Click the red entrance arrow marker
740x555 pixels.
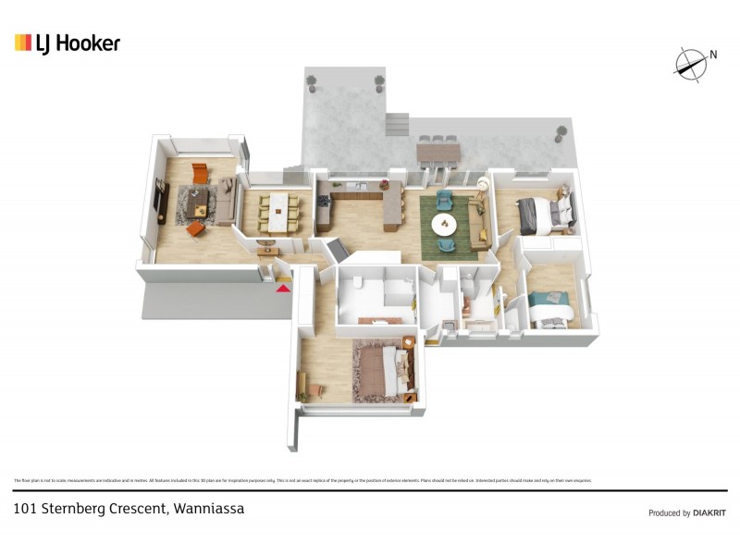point(283,289)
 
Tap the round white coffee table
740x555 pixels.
point(445,224)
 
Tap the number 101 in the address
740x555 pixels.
point(25,509)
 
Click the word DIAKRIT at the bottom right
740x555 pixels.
point(709,512)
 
